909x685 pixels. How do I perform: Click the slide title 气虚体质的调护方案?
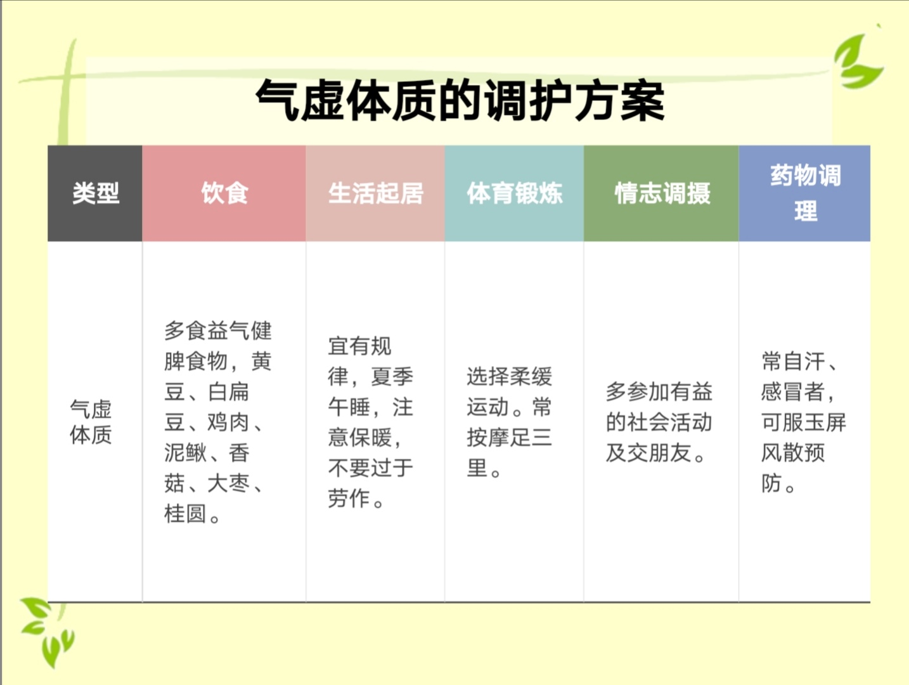tap(460, 100)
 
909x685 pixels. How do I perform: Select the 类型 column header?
tap(95, 193)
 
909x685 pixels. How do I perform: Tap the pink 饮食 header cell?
tap(224, 193)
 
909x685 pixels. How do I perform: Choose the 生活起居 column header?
tap(375, 193)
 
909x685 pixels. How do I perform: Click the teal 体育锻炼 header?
tap(514, 193)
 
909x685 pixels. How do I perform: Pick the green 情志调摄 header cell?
tap(662, 193)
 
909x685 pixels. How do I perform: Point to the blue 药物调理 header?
tap(805, 193)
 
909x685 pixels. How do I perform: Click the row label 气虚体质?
tap(91, 422)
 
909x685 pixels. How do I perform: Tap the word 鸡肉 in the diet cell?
tap(228, 422)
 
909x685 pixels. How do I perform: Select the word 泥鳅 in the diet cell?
tap(185, 453)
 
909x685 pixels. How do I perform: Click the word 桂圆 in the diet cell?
tap(185, 514)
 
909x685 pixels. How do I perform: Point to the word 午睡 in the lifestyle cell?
tap(349, 407)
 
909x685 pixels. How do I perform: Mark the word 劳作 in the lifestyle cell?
tap(349, 499)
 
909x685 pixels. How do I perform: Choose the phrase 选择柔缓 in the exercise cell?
tap(509, 377)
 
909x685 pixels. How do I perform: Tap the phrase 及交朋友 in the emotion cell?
tap(648, 453)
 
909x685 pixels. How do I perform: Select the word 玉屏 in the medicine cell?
tap(825, 422)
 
